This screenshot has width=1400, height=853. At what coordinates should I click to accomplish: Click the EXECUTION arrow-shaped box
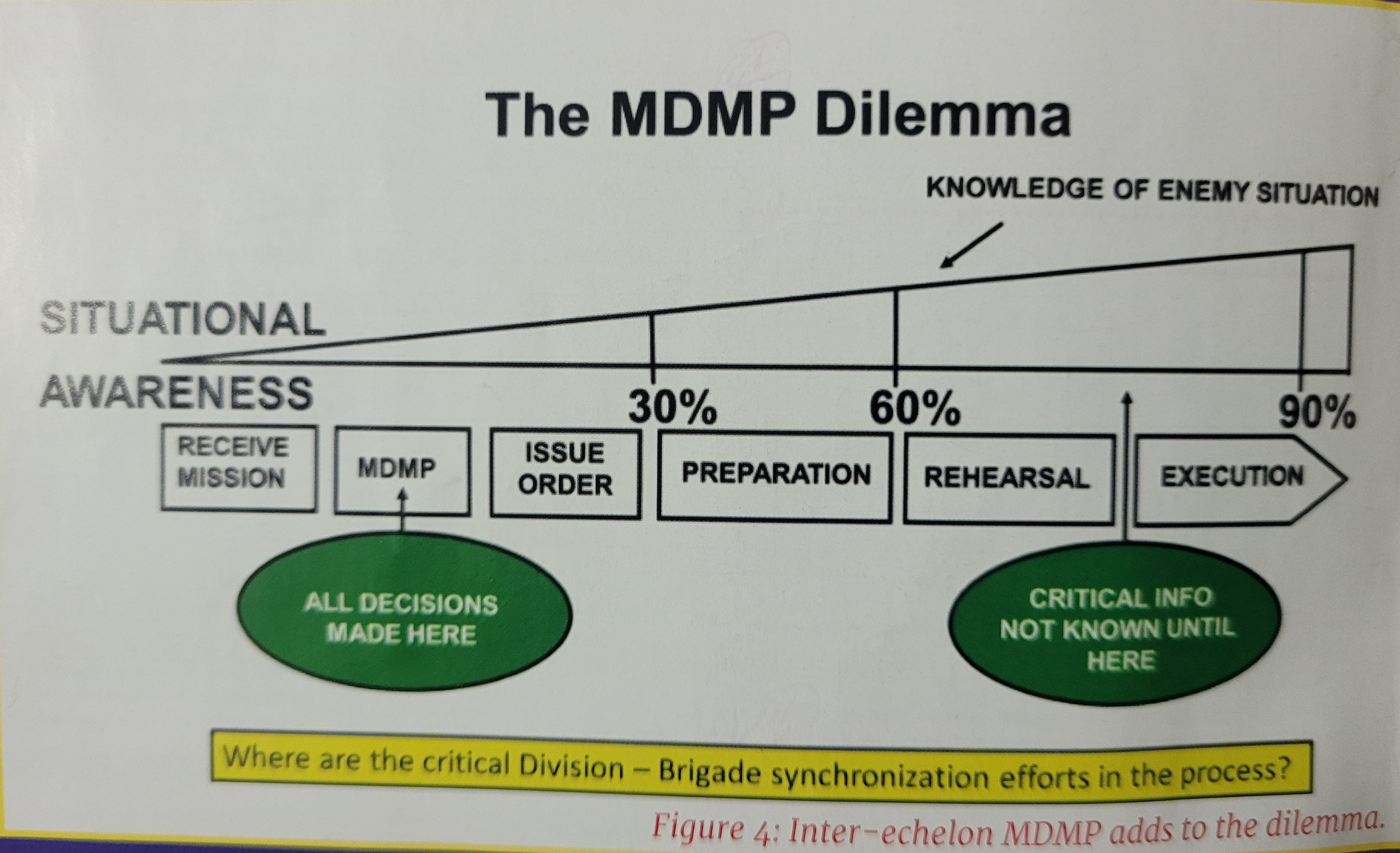(x=1233, y=478)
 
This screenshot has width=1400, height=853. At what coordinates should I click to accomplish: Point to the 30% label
(x=672, y=408)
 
